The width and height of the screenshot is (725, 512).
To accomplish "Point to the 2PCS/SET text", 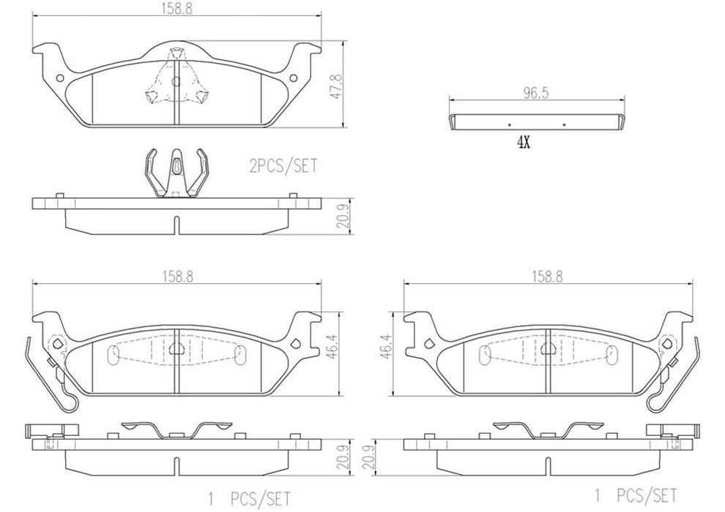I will click(285, 167).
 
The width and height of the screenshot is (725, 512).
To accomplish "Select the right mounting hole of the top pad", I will click(294, 78).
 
